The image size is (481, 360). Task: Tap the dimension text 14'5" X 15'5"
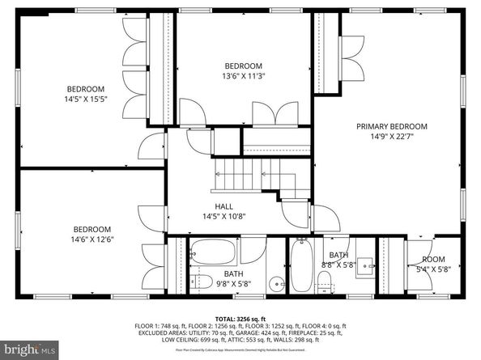pyautogui.click(x=86, y=99)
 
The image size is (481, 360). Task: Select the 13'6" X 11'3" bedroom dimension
pyautogui.click(x=244, y=76)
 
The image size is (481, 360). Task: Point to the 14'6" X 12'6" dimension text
pyautogui.click(x=92, y=239)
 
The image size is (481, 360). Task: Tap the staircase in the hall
pyautogui.click(x=254, y=173)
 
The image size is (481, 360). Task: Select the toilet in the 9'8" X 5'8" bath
pyautogui.click(x=197, y=280)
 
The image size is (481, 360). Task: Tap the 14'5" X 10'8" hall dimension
pyautogui.click(x=224, y=216)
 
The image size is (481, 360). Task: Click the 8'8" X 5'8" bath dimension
pyautogui.click(x=336, y=263)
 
